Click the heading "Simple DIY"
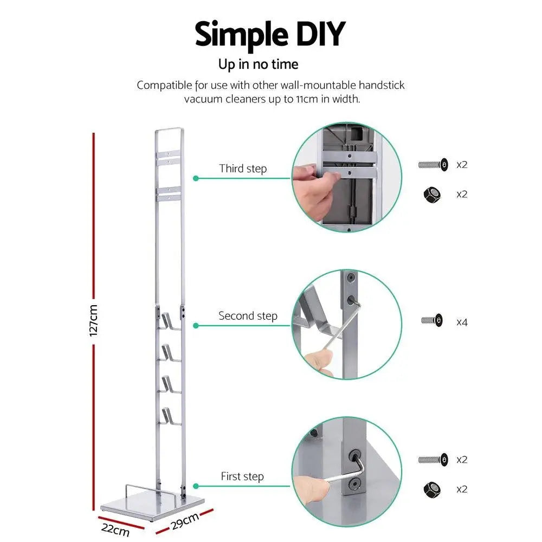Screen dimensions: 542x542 coord(269,34)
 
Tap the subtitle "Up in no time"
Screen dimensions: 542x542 coord(258,64)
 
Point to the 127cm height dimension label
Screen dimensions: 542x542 coord(93,320)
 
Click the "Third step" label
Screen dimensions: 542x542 coord(243,169)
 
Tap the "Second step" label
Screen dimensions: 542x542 coord(248,315)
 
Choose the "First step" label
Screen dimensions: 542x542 coord(242,476)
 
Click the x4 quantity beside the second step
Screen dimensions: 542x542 coord(462,322)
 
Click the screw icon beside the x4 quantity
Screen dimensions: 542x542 coord(432,320)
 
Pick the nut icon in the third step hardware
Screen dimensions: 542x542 coord(432,194)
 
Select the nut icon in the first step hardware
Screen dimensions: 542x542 coord(432,489)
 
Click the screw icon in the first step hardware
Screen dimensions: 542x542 coord(433,460)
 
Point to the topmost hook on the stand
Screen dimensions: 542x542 coord(170,321)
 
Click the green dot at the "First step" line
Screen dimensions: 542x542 coord(196,487)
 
